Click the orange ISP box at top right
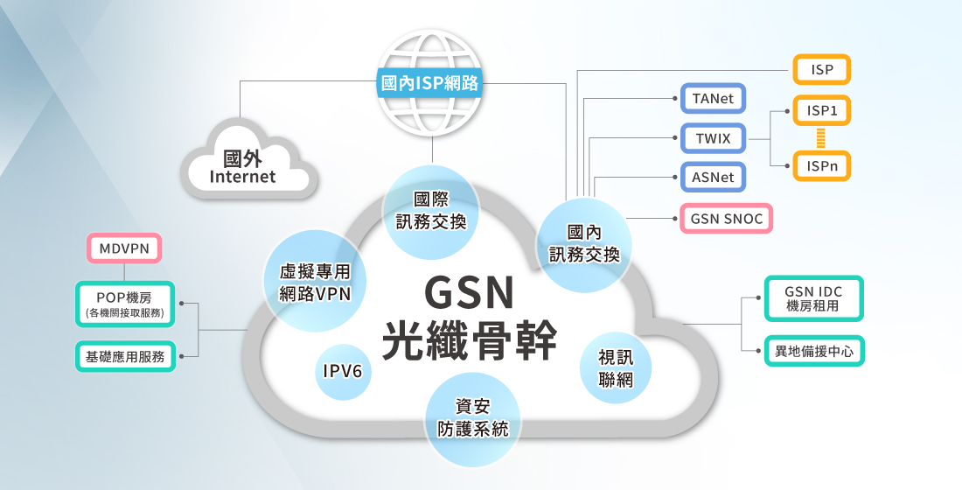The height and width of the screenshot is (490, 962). [821, 69]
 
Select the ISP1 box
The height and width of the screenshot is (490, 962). [821, 111]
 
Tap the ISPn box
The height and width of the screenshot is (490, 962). [821, 164]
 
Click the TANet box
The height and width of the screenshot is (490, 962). [713, 99]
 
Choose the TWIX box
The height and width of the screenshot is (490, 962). [713, 139]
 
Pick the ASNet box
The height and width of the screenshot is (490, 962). [713, 178]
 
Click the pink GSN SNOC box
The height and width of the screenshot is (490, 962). [727, 218]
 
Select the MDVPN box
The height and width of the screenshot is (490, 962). [125, 248]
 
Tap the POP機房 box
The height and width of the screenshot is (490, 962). [125, 303]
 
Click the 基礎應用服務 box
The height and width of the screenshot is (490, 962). [125, 356]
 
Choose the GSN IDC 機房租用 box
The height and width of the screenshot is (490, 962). [812, 298]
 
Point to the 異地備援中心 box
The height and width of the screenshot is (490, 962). [814, 351]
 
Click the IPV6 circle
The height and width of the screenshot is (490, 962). [343, 371]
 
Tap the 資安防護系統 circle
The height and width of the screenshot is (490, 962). [472, 418]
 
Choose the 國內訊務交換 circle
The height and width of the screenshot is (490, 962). [584, 243]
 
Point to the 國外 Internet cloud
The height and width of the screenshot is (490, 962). [244, 166]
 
